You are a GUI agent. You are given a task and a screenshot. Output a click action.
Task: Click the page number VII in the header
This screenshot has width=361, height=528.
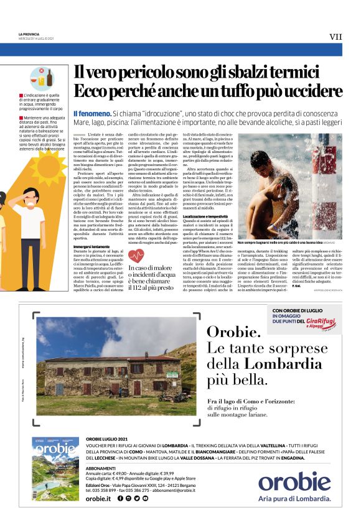[x=335, y=37]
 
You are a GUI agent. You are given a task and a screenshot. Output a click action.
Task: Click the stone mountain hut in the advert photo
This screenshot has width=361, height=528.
[x=106, y=374]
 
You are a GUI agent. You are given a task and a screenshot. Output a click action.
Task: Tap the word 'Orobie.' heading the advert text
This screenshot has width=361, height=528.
[x=233, y=332]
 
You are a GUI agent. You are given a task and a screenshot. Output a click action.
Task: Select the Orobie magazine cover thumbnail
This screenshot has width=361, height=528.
[x=55, y=477]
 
